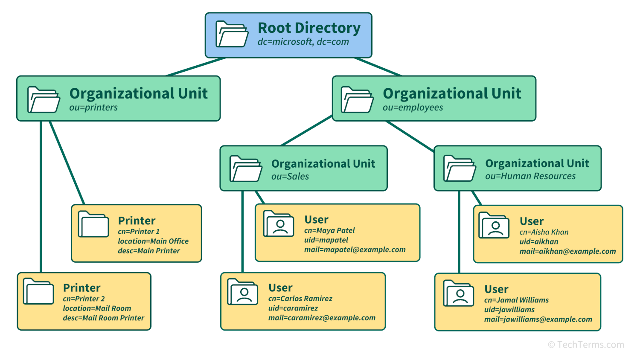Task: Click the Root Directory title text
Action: coord(309,28)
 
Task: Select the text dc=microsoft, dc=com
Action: coord(303,42)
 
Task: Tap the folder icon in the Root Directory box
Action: coord(232,34)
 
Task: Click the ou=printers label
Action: coord(93,107)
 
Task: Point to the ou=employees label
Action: coord(413,107)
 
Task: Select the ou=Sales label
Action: coord(290,177)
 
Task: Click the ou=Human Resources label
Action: coord(530,176)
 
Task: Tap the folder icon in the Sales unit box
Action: coord(246,169)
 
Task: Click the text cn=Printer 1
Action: coord(139,232)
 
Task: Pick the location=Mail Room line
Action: coord(97,308)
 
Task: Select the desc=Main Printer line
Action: coord(149,251)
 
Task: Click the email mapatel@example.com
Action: coord(355,250)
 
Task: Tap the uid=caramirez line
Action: coord(293,308)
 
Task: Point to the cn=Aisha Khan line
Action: coord(544,232)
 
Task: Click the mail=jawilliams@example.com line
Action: coord(538,319)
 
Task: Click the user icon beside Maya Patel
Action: coord(279,224)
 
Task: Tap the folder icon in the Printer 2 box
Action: coord(38,291)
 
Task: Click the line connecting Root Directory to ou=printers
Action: coord(196,67)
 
